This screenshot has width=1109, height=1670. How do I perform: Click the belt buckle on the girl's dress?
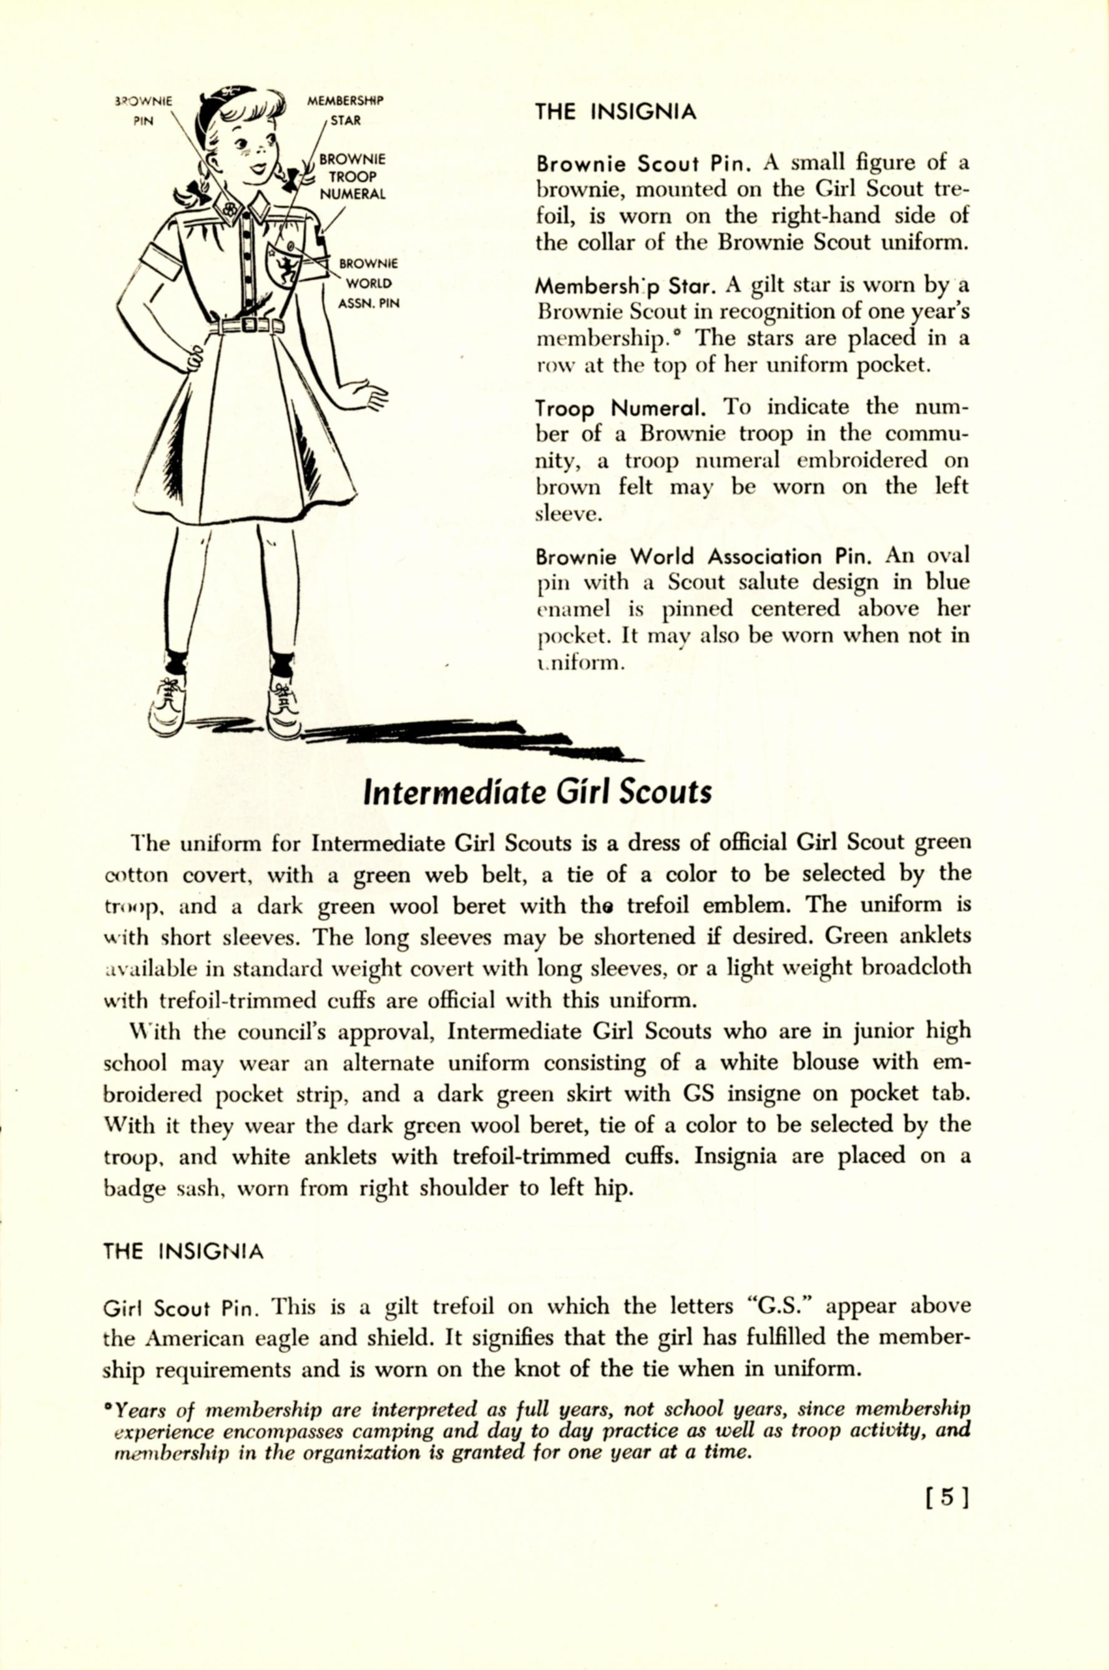point(249,324)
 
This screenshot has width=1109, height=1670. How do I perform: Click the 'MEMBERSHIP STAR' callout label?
point(345,110)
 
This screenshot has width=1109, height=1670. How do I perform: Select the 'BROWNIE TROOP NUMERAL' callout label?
point(352,177)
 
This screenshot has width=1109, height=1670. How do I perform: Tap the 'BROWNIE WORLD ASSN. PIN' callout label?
point(368,283)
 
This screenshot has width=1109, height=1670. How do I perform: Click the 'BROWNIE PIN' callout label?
point(144,110)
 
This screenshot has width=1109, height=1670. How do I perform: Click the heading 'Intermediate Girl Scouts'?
point(537,792)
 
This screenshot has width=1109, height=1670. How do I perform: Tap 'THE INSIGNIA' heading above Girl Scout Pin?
point(183,1252)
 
